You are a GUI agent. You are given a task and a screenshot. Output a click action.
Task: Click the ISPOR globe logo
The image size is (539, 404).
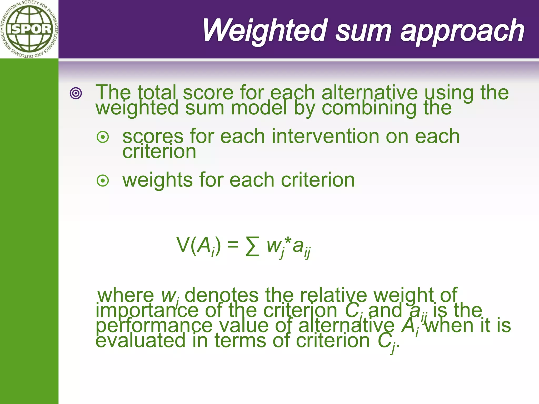click(29, 29)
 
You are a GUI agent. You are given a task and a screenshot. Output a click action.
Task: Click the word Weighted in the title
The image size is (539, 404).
click(264, 31)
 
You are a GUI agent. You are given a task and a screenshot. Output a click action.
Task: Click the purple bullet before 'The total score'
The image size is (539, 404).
click(76, 93)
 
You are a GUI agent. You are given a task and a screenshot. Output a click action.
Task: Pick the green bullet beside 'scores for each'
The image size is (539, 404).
click(103, 137)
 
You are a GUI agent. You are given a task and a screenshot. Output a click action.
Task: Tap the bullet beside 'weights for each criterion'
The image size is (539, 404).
click(103, 181)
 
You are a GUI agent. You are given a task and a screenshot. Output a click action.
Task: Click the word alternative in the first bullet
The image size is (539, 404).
click(370, 93)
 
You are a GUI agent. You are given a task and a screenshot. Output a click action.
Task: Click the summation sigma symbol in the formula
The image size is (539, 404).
click(252, 246)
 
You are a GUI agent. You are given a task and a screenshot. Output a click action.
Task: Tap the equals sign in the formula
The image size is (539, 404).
click(233, 245)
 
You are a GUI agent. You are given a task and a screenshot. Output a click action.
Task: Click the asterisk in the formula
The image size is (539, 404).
click(288, 241)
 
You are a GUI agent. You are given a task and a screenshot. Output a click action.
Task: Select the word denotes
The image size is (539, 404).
click(222, 295)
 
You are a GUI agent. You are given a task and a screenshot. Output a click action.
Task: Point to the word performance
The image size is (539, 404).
click(154, 326)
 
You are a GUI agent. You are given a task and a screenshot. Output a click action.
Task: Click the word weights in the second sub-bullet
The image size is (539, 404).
click(158, 180)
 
